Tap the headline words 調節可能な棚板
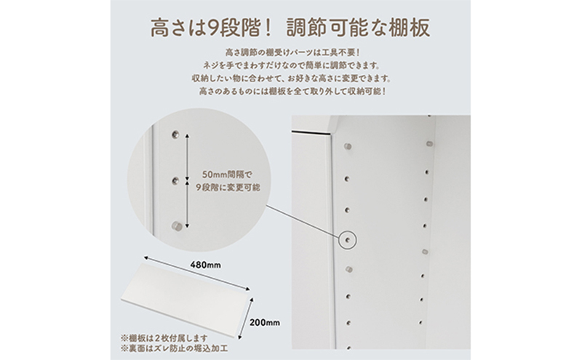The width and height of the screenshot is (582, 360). coord(358,28)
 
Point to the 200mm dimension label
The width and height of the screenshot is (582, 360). coord(265,322)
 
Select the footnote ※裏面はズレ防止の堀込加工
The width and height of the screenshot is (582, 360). coord(174,349)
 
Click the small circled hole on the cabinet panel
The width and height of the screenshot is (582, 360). coord(348,240)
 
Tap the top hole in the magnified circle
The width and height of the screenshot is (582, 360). coord(175,134)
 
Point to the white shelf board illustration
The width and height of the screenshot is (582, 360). coord(188,301)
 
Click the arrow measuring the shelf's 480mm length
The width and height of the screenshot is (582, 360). coord(196,274)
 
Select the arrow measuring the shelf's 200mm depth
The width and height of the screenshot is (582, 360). coord(246,318)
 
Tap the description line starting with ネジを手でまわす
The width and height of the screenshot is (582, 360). coord(291,65)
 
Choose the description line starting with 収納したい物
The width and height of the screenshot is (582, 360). coord(291,79)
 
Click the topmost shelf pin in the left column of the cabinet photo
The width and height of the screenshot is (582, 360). coord(348,147)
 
